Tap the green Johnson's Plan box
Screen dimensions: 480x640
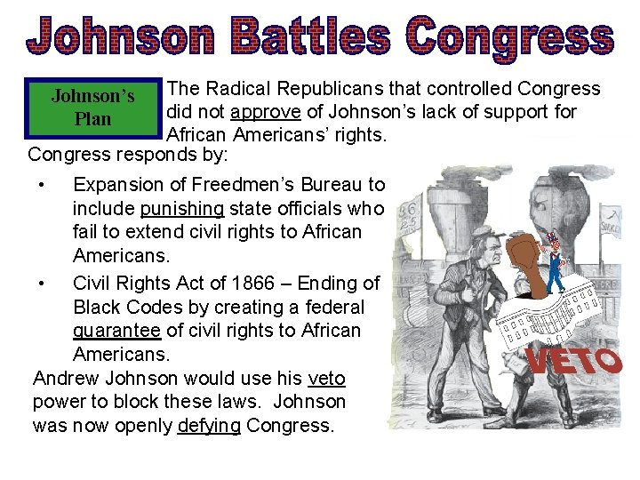click(93, 107)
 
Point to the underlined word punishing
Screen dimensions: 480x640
click(182, 208)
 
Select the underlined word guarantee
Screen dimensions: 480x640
click(116, 330)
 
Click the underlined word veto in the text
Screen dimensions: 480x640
click(326, 378)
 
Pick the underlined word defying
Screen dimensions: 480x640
click(209, 425)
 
